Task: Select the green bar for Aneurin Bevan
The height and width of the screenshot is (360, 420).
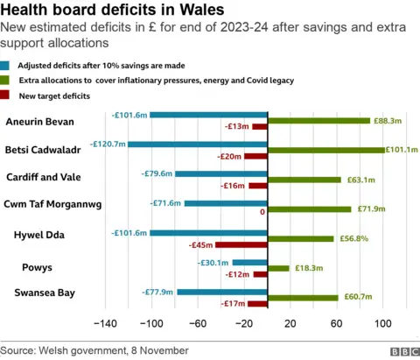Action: pyautogui.click(x=318, y=120)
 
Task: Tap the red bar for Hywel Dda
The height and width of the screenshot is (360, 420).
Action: pyautogui.click(x=241, y=244)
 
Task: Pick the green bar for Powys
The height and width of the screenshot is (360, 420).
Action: pyautogui.click(x=278, y=268)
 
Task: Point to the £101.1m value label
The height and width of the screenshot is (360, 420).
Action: pyautogui.click(x=401, y=150)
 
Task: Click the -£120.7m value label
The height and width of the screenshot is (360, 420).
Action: pyautogui.click(x=108, y=144)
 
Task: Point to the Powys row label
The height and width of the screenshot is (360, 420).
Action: pyautogui.click(x=44, y=265)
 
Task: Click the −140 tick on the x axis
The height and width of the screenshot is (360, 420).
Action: pyautogui.click(x=104, y=324)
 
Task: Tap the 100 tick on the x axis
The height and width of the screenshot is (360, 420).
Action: pyautogui.click(x=382, y=324)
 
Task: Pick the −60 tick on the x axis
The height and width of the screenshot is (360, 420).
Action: pyautogui.click(x=197, y=324)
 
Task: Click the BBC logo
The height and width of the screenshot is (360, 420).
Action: pyautogui.click(x=402, y=350)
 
